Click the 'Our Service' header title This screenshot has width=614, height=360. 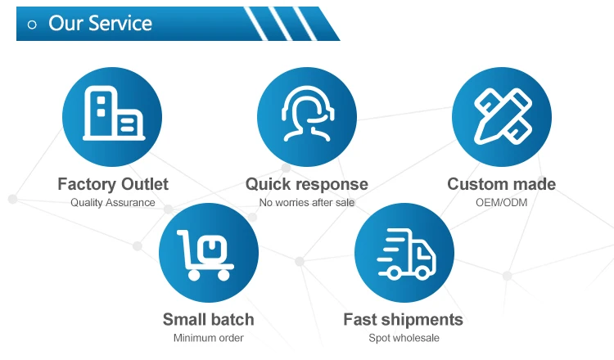coord(100,24)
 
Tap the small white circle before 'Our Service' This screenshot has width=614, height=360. coord(33,25)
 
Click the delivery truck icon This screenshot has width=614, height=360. coord(404,252)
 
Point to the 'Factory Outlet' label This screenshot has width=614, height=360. coord(113,184)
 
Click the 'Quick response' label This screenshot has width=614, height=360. coord(307,184)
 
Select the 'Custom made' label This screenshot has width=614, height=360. coord(501,184)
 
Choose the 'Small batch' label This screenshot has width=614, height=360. coord(208,320)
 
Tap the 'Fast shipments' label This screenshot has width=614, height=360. coord(403,320)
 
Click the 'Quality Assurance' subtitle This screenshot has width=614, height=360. coord(113,202)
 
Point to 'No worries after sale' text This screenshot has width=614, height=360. coord(307,202)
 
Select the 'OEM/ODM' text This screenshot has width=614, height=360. coord(501,202)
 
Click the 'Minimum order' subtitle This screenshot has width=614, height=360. coord(208,338)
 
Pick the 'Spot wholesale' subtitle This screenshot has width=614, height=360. coord(404,338)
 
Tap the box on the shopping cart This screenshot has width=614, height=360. coord(210,246)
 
